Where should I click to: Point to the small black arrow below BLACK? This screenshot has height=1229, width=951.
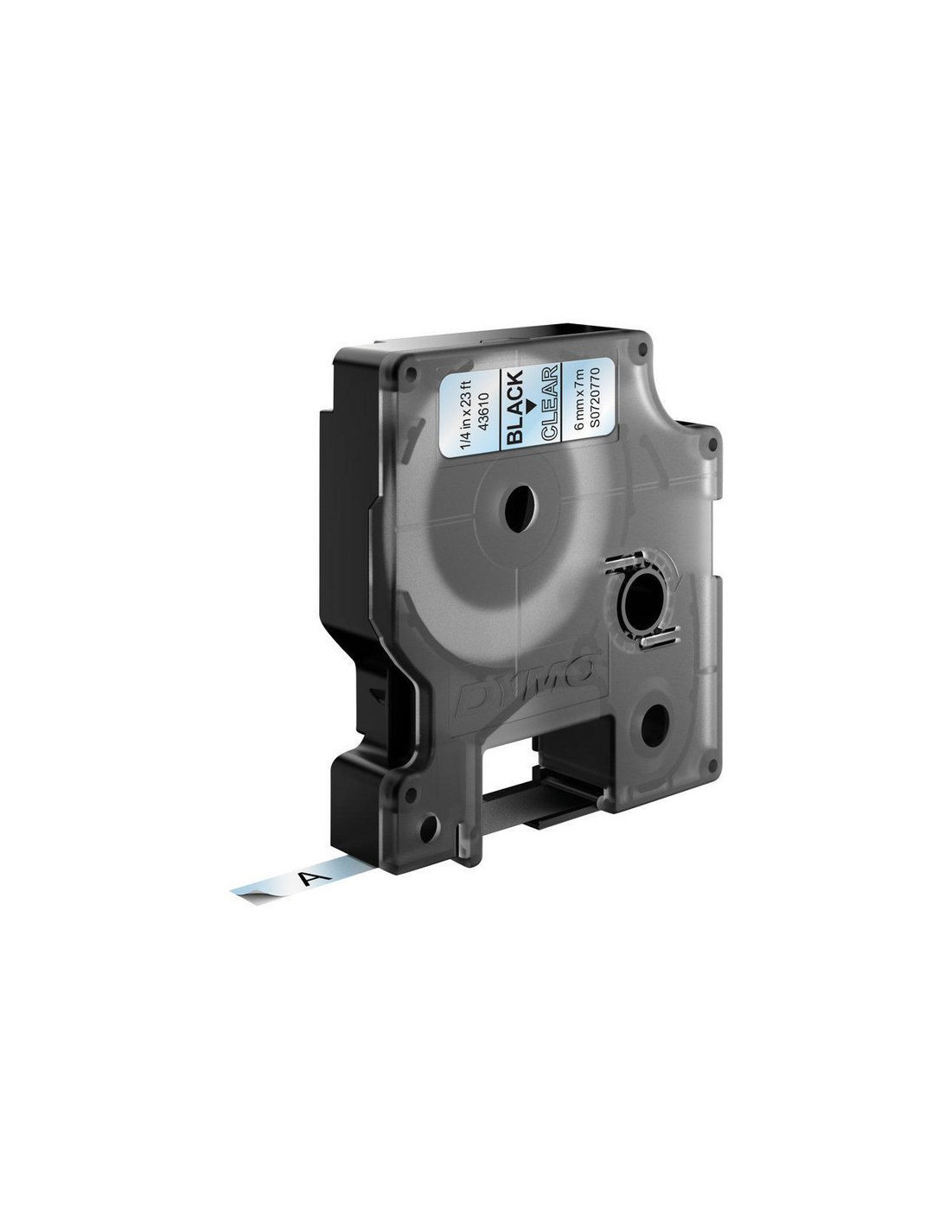pos(530,404)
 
